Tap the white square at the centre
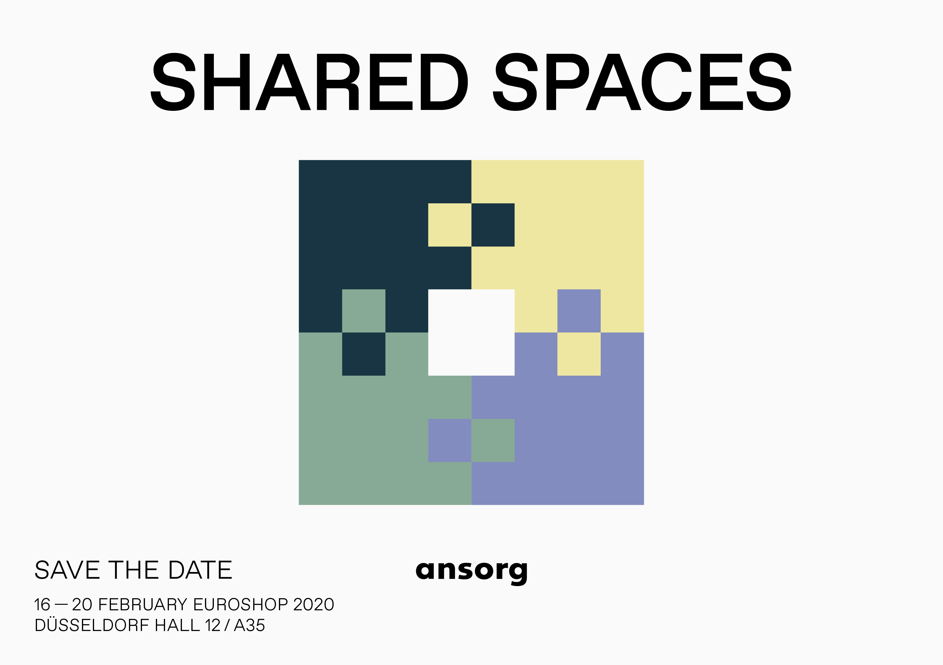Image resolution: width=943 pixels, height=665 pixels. pos(471,332)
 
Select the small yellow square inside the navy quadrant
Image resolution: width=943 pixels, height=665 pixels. pos(450,225)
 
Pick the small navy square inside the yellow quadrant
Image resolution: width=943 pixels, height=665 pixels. pos(493,225)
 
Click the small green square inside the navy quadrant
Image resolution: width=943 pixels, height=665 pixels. pos(364,311)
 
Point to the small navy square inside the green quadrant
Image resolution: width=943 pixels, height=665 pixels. pos(364,354)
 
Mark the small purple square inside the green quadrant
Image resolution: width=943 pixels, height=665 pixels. pos(450,440)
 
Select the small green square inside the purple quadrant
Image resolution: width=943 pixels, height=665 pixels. pos(493,440)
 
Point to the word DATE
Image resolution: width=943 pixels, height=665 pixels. pos(201,570)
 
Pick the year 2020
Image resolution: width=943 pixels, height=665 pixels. pos(314,605)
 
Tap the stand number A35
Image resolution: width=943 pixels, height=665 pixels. pos(249,625)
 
